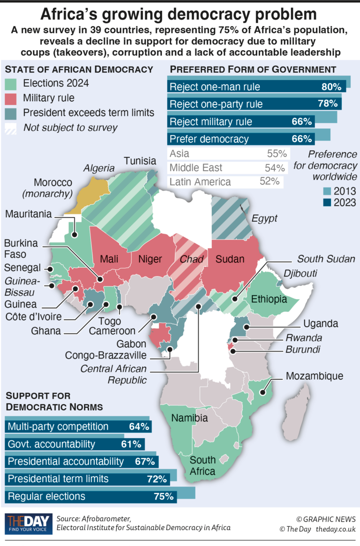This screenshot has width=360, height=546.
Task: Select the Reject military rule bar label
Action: tap(211, 122)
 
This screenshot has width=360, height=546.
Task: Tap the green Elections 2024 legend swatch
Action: tap(11, 84)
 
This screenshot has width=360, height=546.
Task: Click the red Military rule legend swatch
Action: tap(11, 98)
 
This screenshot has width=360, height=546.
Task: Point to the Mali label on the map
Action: tap(108, 259)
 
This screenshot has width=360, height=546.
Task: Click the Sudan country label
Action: tap(230, 259)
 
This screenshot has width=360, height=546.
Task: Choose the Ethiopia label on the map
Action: tap(269, 299)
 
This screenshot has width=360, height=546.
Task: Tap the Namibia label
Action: tap(189, 418)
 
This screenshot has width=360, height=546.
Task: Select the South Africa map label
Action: tap(202, 465)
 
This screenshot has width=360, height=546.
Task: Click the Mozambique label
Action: tap(315, 376)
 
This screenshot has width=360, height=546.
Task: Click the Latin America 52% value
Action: tap(270, 182)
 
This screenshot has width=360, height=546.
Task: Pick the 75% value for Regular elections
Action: tap(164, 497)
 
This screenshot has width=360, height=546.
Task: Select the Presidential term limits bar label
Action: tap(58, 479)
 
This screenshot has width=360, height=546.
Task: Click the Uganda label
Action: tap(320, 324)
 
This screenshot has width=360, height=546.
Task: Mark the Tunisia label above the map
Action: tap(140, 161)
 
